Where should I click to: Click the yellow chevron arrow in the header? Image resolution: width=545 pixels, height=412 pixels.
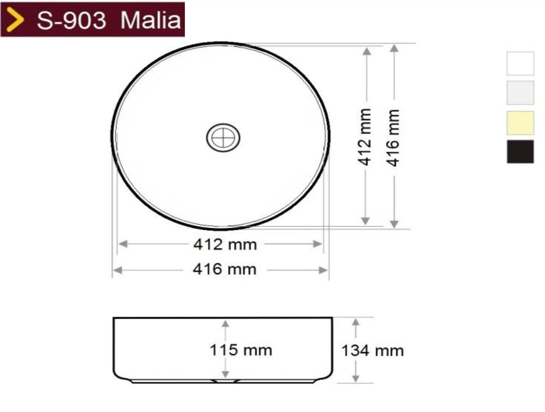(15, 19)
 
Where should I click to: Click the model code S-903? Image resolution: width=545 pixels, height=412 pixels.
(71, 20)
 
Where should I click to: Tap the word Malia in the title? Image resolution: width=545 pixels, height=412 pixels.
(150, 20)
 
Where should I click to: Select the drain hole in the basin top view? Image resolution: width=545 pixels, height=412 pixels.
(223, 137)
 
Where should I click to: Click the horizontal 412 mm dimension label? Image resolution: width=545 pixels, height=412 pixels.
(225, 245)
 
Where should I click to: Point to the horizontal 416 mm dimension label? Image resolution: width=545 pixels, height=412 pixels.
(224, 270)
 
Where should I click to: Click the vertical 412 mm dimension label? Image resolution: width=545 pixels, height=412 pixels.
(365, 137)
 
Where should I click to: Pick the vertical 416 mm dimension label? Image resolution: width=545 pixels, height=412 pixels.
(393, 138)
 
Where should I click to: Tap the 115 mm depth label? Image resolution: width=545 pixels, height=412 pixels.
(241, 350)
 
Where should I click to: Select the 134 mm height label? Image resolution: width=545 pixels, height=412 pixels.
(372, 351)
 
